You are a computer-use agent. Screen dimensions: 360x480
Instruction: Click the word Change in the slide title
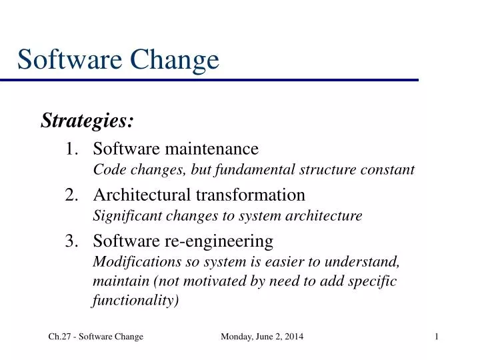(176, 60)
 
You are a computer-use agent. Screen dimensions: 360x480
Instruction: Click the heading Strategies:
(87, 121)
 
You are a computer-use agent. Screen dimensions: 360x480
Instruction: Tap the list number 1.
(71, 148)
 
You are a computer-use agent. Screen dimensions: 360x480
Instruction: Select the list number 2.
(72, 195)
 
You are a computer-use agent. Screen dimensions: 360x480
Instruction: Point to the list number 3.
(72, 241)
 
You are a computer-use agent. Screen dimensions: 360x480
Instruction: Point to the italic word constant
(392, 170)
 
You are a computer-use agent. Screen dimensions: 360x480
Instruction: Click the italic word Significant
(123, 216)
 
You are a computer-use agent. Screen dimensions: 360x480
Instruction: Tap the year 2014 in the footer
(291, 337)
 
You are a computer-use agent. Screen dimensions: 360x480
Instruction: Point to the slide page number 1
(436, 337)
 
